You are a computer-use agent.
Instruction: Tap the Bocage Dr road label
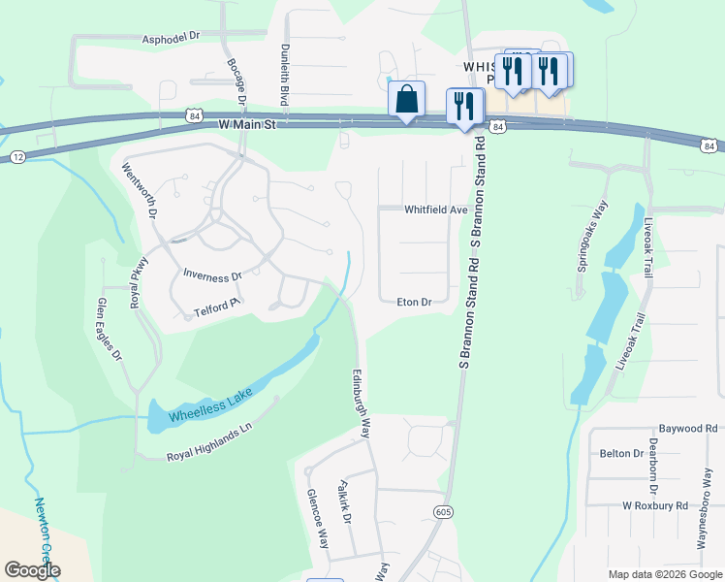(x=237, y=82)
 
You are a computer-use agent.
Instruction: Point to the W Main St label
(x=247, y=125)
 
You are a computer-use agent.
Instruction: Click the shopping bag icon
(x=406, y=100)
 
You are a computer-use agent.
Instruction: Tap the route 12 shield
(x=17, y=156)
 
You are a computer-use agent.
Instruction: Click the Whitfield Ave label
(x=436, y=210)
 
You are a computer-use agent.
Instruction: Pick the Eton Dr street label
(x=414, y=303)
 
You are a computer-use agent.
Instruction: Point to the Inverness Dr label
(x=212, y=276)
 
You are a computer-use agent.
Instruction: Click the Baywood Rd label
(x=690, y=427)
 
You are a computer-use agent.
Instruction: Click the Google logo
(x=32, y=569)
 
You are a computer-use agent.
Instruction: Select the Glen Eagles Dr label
(x=110, y=330)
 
